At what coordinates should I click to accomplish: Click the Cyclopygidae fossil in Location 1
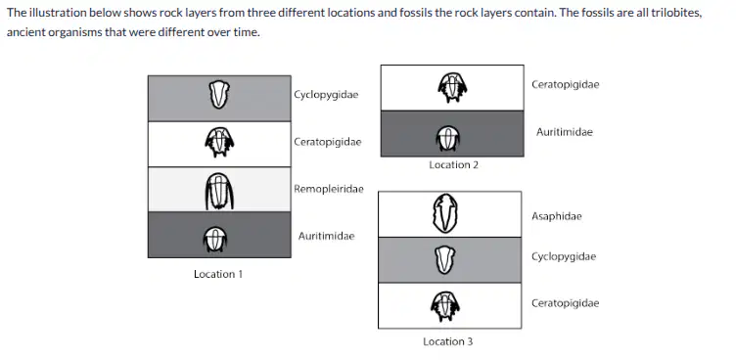pos(218,94)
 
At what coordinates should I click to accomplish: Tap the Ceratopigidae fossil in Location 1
pos(219,143)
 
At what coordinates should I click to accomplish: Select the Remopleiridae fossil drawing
pos(219,191)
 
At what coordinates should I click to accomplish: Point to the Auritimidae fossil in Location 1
pos(215,240)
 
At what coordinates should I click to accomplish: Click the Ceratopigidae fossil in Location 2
pos(452,87)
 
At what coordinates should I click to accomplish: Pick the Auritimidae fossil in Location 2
pos(448,138)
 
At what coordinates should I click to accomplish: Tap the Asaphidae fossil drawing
pos(445,213)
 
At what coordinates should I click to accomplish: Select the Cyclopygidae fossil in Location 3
pos(445,260)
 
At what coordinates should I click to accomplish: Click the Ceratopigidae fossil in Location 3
pos(445,306)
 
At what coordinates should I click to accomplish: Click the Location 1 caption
pos(218,274)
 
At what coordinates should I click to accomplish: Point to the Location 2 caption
pos(453,164)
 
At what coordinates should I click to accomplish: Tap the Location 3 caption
pos(448,341)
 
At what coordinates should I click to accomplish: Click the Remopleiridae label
pos(329,189)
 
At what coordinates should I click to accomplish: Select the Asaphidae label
pos(557,216)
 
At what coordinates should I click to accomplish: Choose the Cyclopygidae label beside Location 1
pos(326,95)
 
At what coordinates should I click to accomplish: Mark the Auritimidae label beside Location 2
pos(565,132)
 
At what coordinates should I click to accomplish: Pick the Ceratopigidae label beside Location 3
pos(565,303)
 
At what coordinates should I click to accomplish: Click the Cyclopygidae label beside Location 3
pos(564,256)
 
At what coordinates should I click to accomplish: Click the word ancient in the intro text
pos(23,33)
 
